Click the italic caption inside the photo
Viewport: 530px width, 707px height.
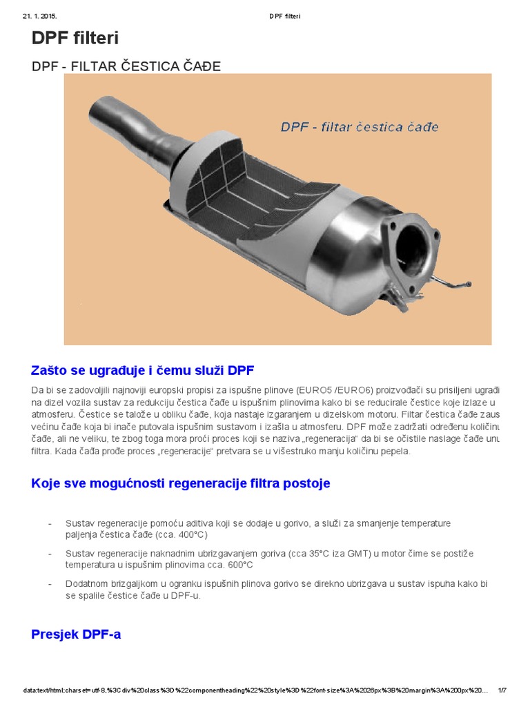pyautogui.click(x=359, y=127)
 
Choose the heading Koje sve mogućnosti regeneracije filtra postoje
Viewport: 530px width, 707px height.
pyautogui.click(x=181, y=483)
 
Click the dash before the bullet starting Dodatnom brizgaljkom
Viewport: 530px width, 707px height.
pyautogui.click(x=50, y=584)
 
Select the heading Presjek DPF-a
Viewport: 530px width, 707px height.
pyautogui.click(x=76, y=634)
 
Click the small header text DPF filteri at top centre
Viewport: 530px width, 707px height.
pyautogui.click(x=285, y=16)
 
